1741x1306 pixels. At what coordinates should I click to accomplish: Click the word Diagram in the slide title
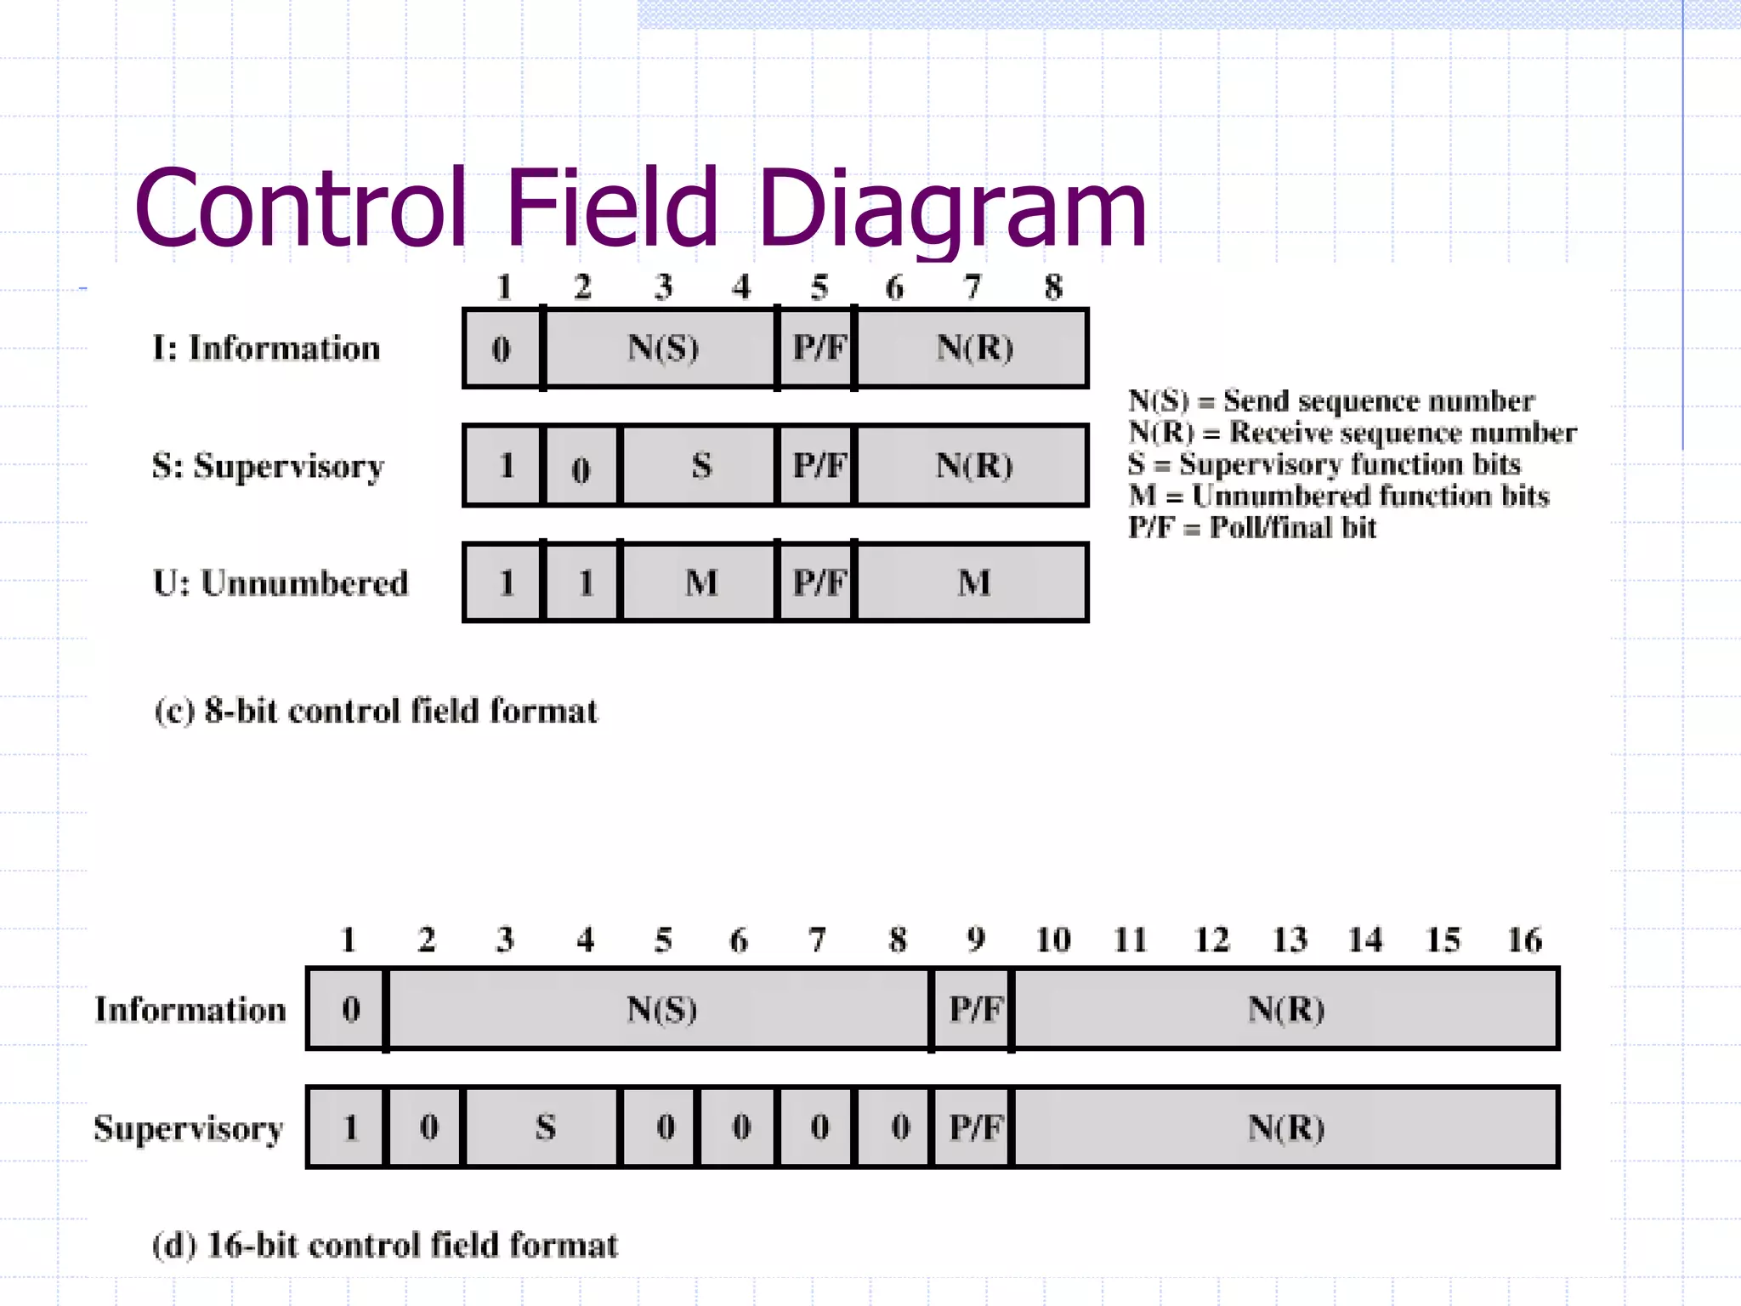952,209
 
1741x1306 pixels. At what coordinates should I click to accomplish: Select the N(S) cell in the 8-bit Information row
661,349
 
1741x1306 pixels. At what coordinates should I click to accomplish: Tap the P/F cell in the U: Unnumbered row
818,583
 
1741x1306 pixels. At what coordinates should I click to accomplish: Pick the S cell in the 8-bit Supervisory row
700,466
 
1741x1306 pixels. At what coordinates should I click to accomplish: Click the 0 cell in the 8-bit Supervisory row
581,468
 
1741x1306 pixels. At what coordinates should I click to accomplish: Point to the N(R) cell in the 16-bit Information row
1285,1009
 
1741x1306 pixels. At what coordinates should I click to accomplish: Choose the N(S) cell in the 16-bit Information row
661,1009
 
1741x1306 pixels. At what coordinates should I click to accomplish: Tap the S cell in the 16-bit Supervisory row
545,1127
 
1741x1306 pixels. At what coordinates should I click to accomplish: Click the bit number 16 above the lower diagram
1523,940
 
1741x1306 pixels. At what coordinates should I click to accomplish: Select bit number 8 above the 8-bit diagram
1053,287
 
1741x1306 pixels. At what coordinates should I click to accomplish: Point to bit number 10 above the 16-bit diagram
1052,940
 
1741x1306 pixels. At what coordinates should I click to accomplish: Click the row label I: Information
266,349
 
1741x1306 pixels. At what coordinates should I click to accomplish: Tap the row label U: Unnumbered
281,583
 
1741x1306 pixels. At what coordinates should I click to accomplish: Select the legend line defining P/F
1251,528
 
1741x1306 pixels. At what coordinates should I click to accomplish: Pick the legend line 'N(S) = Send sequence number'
1330,400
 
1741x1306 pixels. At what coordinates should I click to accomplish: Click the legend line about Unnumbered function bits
1339,496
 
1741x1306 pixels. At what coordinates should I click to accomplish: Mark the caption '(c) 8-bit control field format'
376,711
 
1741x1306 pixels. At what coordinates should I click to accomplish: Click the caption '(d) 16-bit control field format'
384,1245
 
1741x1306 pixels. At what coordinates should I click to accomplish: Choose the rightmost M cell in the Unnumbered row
973,583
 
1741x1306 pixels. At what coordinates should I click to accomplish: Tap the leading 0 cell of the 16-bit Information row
350,1009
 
